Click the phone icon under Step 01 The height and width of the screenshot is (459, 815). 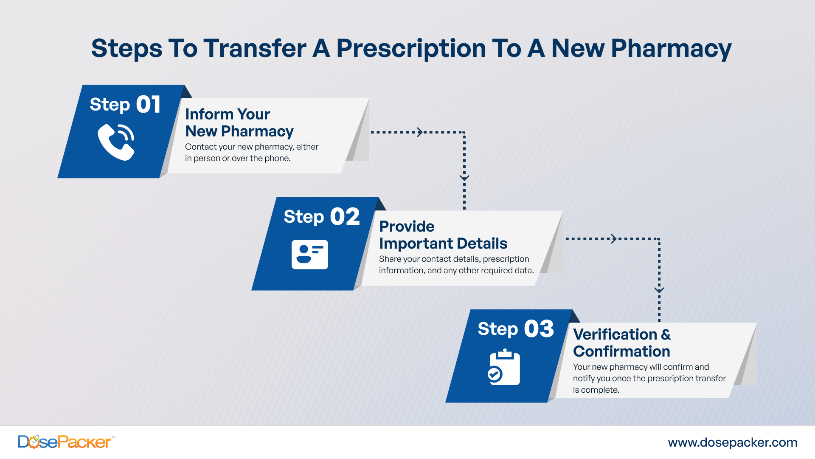116,142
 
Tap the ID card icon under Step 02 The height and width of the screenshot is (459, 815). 310,255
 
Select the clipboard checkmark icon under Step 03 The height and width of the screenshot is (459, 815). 504,367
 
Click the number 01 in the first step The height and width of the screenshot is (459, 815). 148,105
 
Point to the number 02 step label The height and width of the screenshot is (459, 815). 345,217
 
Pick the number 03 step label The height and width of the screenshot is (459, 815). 539,329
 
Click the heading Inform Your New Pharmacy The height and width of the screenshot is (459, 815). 239,122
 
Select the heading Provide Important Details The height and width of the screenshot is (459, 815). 443,235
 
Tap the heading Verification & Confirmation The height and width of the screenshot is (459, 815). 622,343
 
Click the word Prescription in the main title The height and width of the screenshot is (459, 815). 411,48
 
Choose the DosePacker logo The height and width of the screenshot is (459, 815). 65,442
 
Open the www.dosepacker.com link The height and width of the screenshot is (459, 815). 733,442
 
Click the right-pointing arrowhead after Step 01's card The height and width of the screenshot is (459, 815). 420,132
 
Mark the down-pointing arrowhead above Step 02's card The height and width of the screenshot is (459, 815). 464,178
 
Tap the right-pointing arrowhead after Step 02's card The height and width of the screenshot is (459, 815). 614,239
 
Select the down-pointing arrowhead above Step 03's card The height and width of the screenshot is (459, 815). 659,291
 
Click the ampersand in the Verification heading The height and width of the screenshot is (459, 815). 666,334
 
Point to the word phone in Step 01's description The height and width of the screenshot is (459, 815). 277,159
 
